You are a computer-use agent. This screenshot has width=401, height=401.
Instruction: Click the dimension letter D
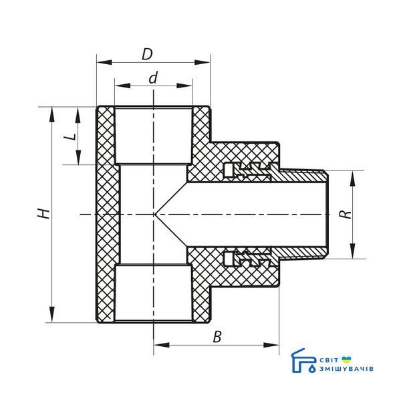point(147,54)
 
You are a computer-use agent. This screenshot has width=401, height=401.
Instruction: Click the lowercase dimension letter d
point(153,78)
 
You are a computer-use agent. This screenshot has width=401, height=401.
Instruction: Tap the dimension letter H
point(43,214)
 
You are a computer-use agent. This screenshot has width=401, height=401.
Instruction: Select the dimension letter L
point(70,136)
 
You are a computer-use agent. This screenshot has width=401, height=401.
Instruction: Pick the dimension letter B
point(217,337)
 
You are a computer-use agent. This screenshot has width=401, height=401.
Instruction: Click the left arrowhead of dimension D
point(104,62)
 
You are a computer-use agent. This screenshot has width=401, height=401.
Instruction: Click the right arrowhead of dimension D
point(203,62)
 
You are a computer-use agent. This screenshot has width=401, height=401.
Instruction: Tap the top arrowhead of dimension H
point(52,115)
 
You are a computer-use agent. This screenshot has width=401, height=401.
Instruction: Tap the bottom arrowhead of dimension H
point(52,315)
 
